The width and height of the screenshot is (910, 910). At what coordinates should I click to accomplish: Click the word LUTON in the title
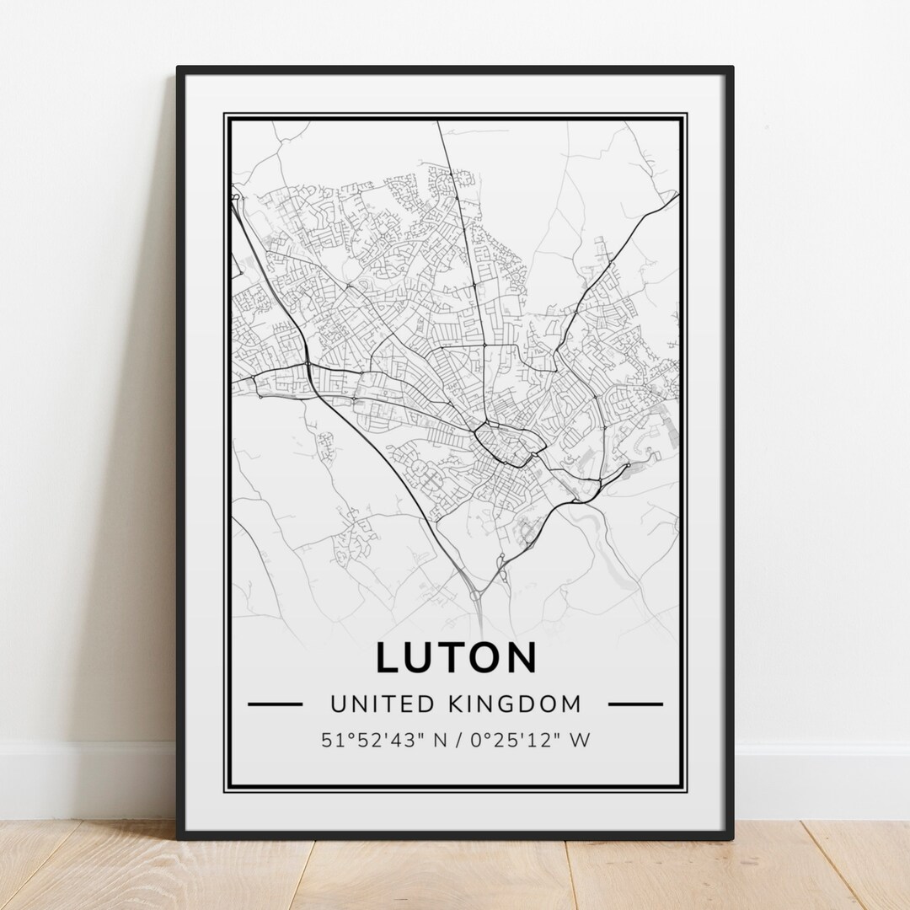pyautogui.click(x=455, y=658)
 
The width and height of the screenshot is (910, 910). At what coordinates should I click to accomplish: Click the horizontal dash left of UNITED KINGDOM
pyautogui.click(x=275, y=703)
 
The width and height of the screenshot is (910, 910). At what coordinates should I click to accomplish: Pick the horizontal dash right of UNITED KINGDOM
pyautogui.click(x=634, y=703)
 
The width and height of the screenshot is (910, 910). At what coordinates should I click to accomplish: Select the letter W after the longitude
pyautogui.click(x=580, y=741)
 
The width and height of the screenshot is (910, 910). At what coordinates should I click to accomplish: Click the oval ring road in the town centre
pyautogui.click(x=502, y=445)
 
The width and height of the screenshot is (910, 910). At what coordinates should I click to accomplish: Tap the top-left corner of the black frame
pyautogui.click(x=179, y=69)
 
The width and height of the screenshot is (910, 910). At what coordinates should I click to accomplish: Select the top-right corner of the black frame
pyautogui.click(x=731, y=69)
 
